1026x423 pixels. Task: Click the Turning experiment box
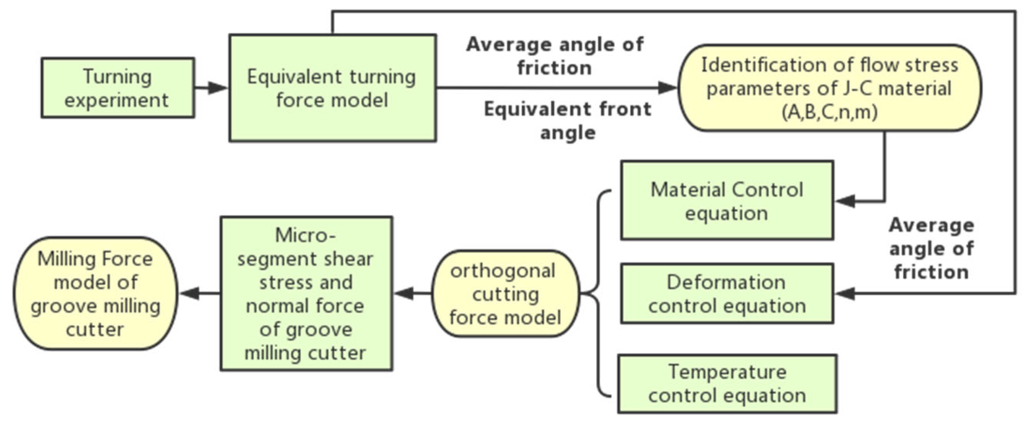[118, 88]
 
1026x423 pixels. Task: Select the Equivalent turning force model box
[332, 88]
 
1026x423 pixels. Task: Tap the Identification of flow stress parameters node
[830, 88]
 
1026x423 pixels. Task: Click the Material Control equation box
[727, 201]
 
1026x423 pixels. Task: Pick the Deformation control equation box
[727, 293]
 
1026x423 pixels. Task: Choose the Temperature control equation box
[727, 384]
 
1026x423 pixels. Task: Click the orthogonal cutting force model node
[505, 294]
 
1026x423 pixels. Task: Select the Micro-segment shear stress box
[306, 294]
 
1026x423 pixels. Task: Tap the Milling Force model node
[96, 294]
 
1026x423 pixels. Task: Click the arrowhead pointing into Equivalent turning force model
[218, 88]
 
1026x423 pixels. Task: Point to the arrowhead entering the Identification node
[668, 88]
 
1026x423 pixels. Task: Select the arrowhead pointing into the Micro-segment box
[404, 294]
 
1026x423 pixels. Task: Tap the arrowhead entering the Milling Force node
[190, 294]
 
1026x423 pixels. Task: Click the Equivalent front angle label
[568, 120]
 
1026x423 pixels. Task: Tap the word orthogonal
[503, 271]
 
